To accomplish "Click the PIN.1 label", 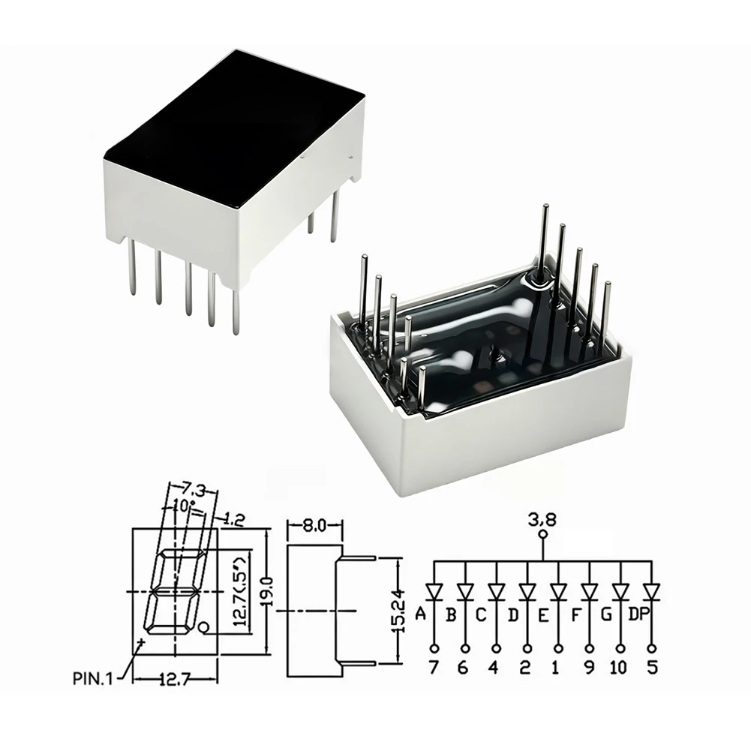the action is pyautogui.click(x=92, y=678).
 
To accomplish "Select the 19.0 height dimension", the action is pyautogui.click(x=268, y=591).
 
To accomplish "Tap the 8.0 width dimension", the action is pyautogui.click(x=314, y=525).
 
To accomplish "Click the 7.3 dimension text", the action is pyautogui.click(x=194, y=491).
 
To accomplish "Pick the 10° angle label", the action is pyautogui.click(x=185, y=504).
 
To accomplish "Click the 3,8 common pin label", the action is pyautogui.click(x=542, y=519).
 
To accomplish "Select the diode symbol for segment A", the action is pyautogui.click(x=434, y=592).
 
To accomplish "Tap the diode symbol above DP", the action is pyautogui.click(x=651, y=592).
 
